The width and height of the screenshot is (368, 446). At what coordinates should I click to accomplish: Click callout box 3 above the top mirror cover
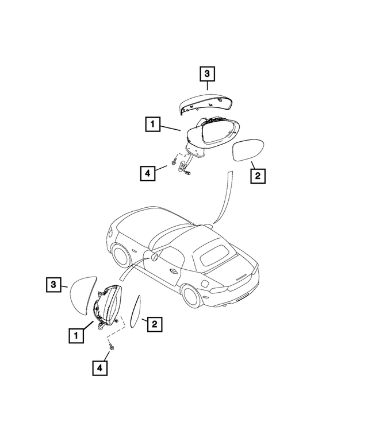207,73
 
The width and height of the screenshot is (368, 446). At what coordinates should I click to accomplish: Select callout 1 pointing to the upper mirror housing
152,123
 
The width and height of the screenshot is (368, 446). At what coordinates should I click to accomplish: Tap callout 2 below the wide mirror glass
258,175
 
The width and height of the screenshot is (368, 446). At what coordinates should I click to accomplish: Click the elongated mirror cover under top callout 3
205,103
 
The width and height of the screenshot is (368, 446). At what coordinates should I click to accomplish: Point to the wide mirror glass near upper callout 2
248,150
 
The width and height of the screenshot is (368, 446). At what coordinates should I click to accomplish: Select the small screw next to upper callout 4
172,163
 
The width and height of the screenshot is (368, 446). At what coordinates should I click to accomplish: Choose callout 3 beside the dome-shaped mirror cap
53,284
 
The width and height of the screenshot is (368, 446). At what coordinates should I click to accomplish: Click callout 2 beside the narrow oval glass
154,325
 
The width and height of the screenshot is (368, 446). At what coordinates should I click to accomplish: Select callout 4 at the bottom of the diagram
101,368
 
